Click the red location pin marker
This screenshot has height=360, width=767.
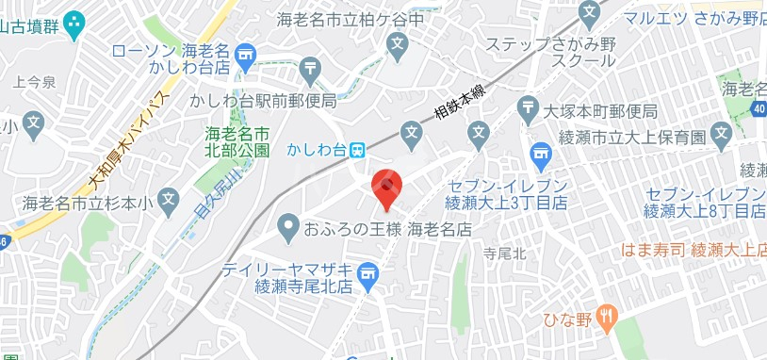[x=386, y=187]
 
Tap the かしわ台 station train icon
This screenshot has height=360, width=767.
[x=357, y=150]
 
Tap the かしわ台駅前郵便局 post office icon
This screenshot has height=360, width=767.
[x=311, y=68]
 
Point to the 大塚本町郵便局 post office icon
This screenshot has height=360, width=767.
[x=530, y=106]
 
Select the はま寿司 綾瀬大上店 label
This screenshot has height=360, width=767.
[x=694, y=250]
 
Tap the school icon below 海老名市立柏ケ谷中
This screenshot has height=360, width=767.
[x=398, y=44]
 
